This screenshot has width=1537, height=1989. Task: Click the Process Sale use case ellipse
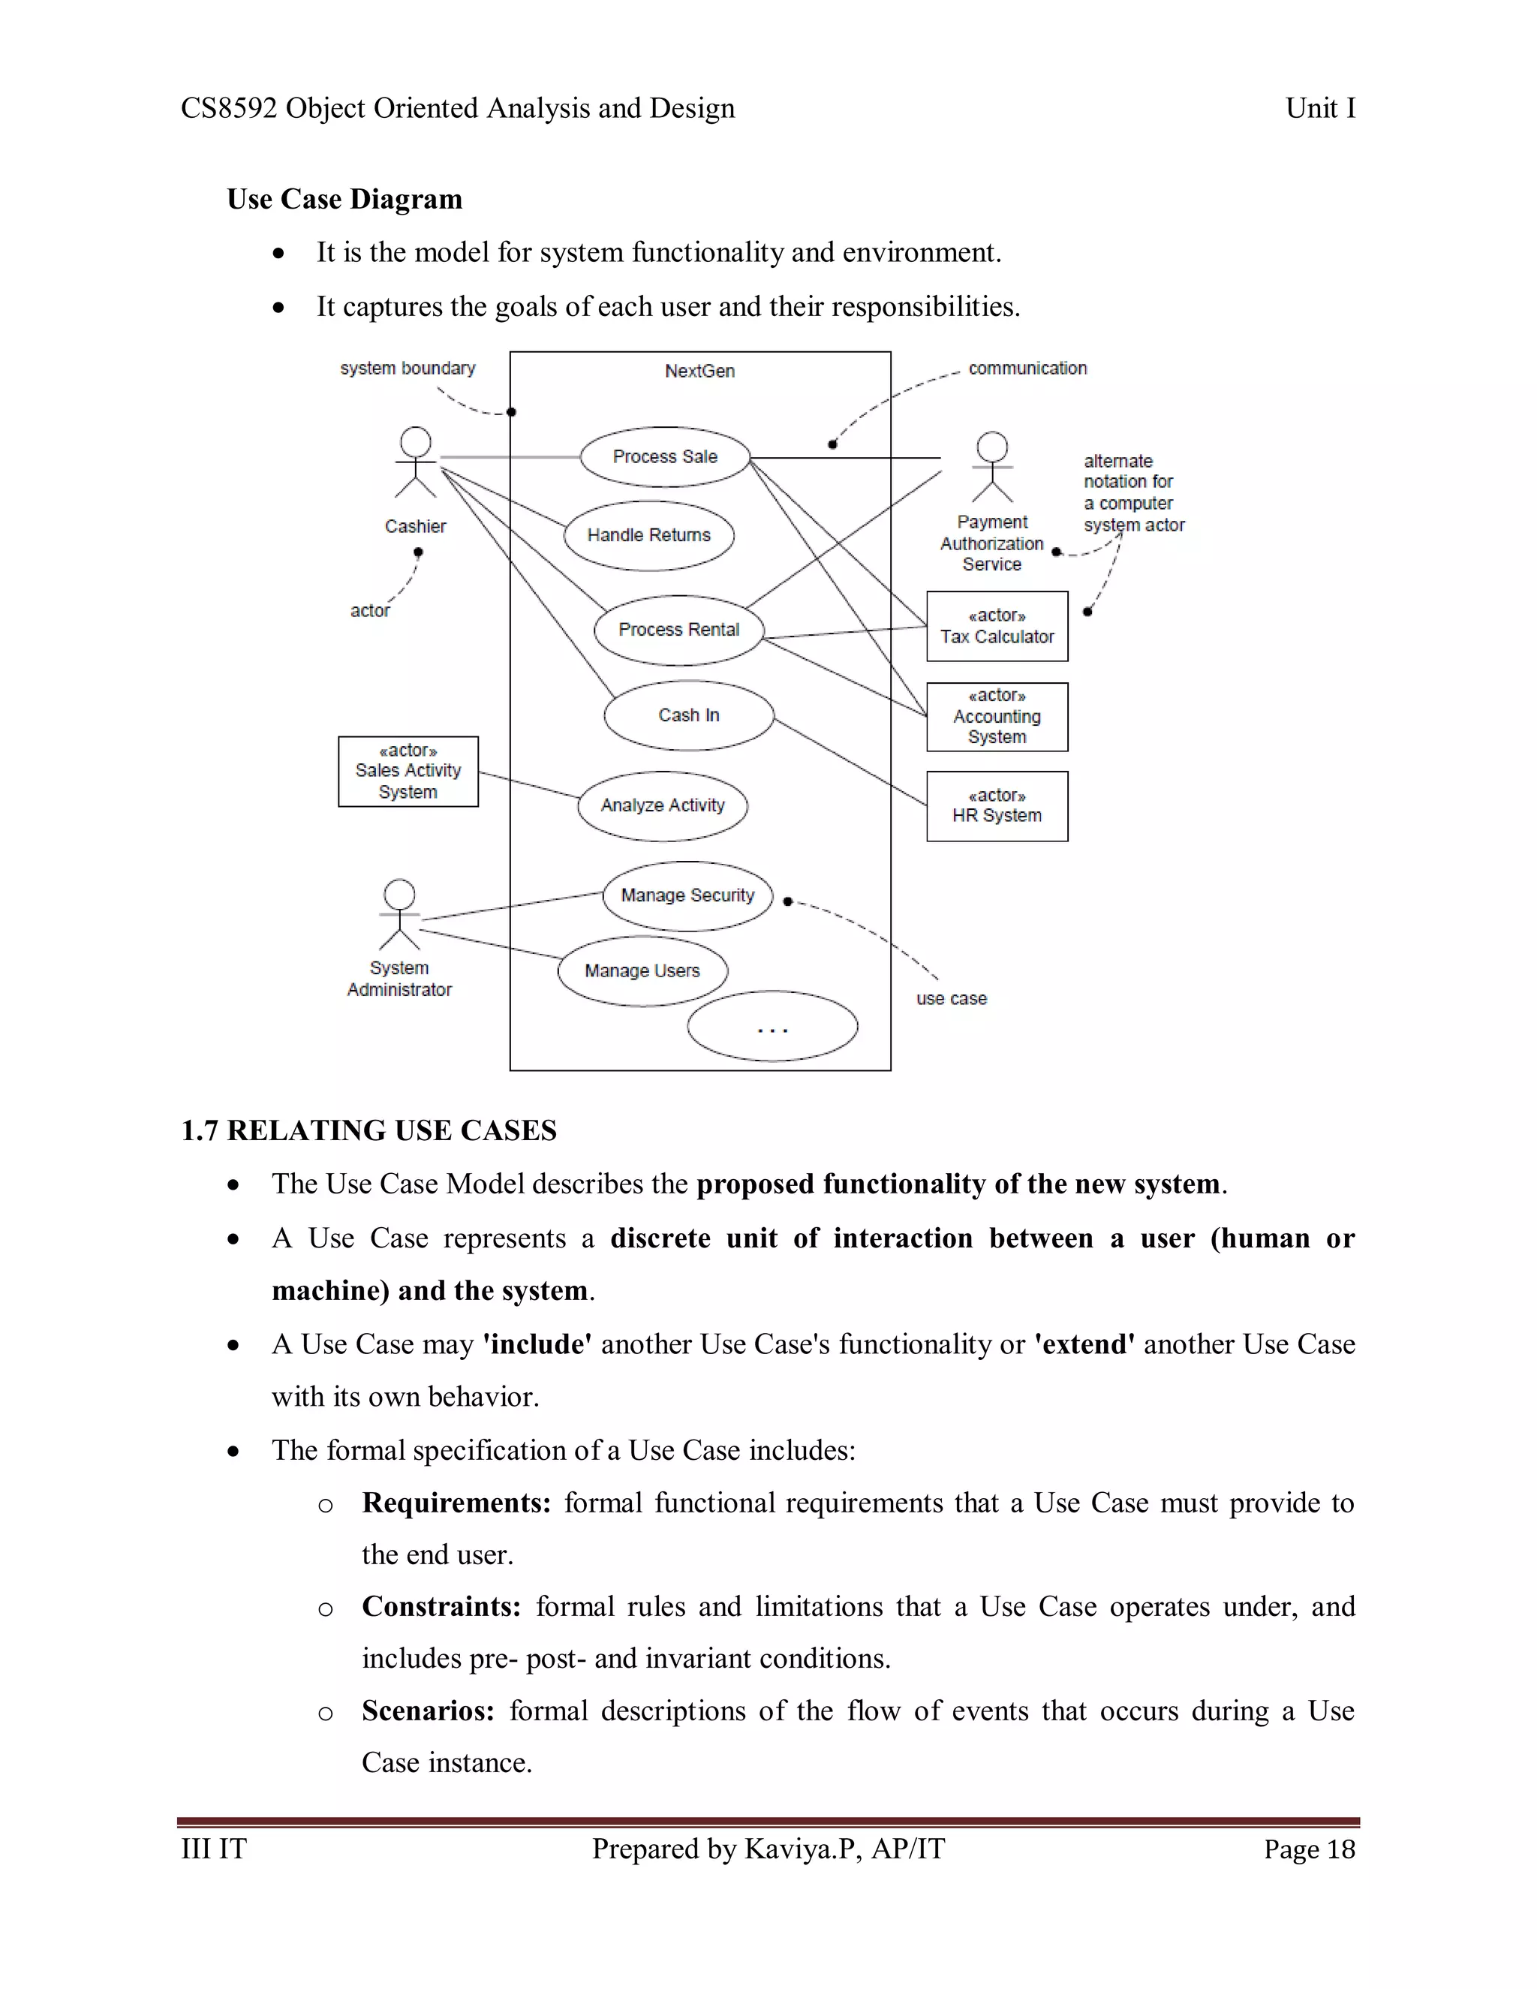[x=665, y=457]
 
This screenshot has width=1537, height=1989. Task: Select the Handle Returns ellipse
[x=648, y=535]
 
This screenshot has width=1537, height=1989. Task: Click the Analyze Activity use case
[x=662, y=806]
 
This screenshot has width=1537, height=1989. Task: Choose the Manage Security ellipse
[x=687, y=896]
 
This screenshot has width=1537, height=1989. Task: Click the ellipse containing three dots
[x=772, y=1026]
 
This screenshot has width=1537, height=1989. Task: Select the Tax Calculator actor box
[x=997, y=627]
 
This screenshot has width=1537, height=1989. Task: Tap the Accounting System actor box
[x=997, y=717]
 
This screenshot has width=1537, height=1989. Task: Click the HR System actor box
[x=997, y=806]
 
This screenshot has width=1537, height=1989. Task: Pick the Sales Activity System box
[x=408, y=772]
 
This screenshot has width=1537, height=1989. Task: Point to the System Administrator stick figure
[x=400, y=914]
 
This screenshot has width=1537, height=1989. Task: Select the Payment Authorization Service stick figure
[x=991, y=467]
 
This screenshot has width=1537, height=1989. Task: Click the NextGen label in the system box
[x=699, y=372]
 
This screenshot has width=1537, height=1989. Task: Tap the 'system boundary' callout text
[x=408, y=369]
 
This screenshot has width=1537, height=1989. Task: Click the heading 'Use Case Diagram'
[x=344, y=200]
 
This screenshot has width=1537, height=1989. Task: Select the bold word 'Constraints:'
[x=441, y=1606]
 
